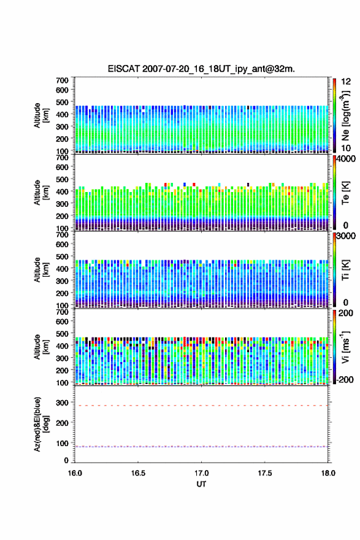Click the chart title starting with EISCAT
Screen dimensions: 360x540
point(201,69)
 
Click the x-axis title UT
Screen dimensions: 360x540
point(201,484)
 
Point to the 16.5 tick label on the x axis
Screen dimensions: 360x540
point(138,473)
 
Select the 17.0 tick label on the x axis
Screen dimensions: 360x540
point(201,473)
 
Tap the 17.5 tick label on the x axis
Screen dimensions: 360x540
point(265,473)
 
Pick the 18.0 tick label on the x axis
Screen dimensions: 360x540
point(328,473)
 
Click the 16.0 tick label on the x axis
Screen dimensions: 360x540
point(75,473)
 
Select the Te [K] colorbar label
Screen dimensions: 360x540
point(345,193)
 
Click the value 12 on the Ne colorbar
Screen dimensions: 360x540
point(346,82)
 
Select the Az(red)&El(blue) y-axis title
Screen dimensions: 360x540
point(41,424)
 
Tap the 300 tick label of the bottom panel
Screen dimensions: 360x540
point(63,403)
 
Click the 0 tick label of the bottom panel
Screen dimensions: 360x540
point(66,460)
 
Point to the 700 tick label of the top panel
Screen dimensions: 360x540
point(63,80)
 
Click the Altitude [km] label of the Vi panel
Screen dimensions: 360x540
point(41,347)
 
